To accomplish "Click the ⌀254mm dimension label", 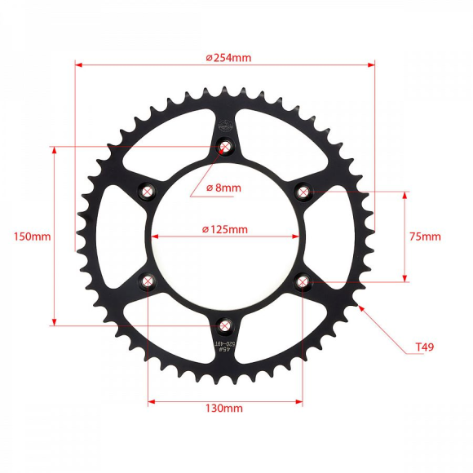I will point(228,57).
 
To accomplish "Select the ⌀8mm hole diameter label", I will point(223,188).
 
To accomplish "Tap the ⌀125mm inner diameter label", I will point(225,229).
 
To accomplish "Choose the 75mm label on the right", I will point(424,236).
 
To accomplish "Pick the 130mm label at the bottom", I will point(223,408).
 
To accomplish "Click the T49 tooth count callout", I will point(424,347).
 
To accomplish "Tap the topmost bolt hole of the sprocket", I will point(225,148).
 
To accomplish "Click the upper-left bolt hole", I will point(148,192).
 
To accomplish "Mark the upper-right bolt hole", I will point(303,192).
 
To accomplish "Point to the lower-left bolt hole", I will point(148,281).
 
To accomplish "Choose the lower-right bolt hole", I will point(303,282).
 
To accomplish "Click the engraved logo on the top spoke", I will point(226,125).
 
